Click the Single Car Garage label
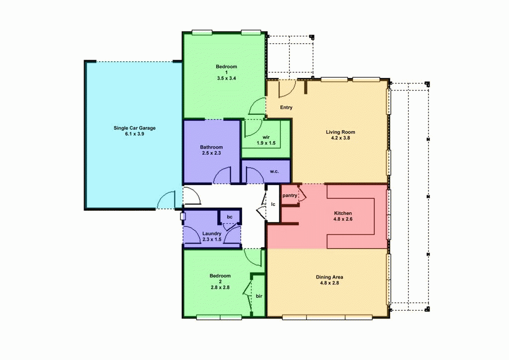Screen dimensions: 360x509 pyautogui.click(x=134, y=128)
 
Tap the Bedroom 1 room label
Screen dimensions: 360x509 pyautogui.click(x=226, y=67)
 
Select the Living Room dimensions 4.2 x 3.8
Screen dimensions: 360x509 pyautogui.click(x=340, y=138)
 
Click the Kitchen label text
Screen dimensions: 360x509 pyautogui.click(x=343, y=213)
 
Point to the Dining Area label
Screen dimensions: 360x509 pyautogui.click(x=330, y=277)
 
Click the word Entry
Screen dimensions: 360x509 pyautogui.click(x=286, y=107)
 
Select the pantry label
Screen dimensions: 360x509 pyautogui.click(x=290, y=195)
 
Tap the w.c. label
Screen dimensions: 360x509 pyautogui.click(x=274, y=172)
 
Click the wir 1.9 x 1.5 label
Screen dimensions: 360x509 pyautogui.click(x=266, y=140)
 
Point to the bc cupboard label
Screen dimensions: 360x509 pyautogui.click(x=230, y=217)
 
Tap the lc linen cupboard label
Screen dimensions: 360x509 pyautogui.click(x=273, y=204)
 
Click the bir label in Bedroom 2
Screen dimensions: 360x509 pyautogui.click(x=259, y=296)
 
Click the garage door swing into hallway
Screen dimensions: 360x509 pyautogui.click(x=191, y=196)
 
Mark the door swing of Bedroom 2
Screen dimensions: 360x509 pyautogui.click(x=254, y=257)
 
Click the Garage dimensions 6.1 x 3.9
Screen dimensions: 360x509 pyautogui.click(x=134, y=134)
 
